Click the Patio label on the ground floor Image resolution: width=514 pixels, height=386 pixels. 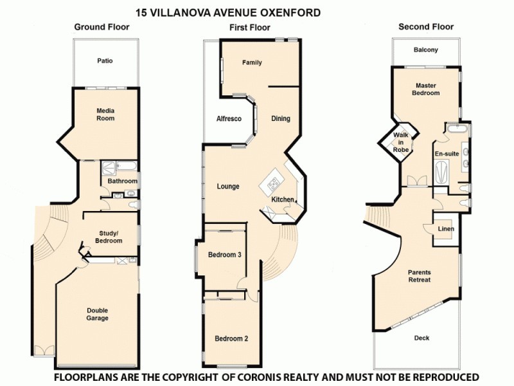105,61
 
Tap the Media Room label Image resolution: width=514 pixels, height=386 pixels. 105,114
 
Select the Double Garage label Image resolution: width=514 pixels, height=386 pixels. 97,314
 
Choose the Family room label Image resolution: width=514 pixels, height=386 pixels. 253,63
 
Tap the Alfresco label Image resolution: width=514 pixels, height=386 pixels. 229,119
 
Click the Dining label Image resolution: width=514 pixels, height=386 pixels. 280,118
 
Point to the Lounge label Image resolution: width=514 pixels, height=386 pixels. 227,187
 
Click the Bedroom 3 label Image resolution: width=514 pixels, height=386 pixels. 224,255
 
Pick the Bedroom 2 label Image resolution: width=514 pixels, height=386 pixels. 231,339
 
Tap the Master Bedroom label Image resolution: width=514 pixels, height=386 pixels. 426,89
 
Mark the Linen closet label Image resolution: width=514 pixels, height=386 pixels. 446,229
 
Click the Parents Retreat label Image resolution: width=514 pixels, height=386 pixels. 419,276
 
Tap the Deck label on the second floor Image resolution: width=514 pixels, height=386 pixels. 421,338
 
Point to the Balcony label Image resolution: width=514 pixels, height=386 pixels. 426,50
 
